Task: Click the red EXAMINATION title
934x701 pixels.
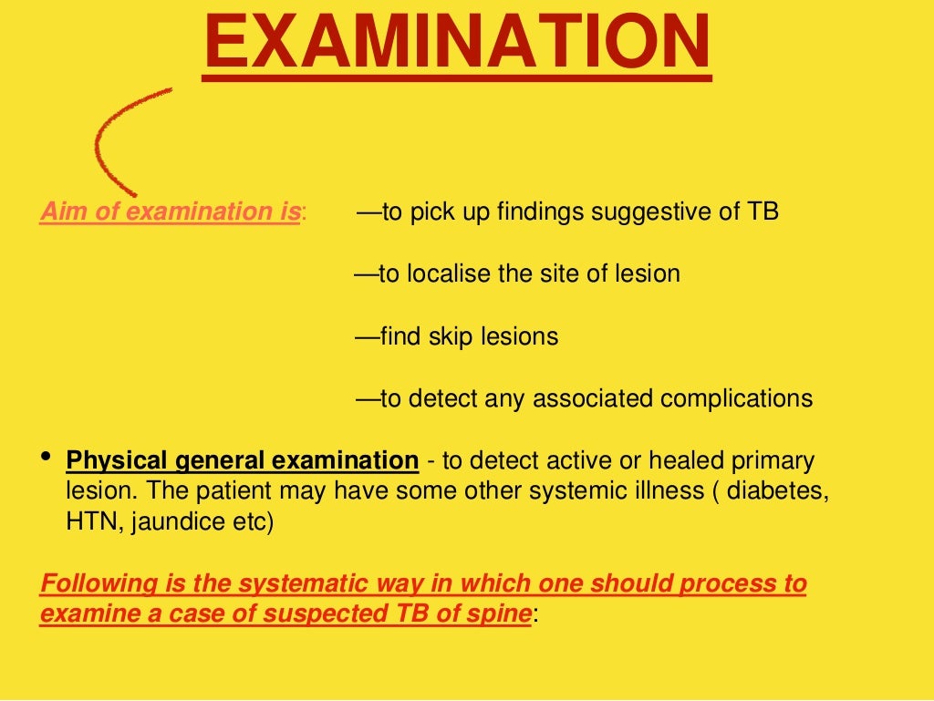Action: [456, 44]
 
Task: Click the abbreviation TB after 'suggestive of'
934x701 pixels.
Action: [763, 212]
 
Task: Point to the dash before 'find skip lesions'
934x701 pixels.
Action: [367, 336]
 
